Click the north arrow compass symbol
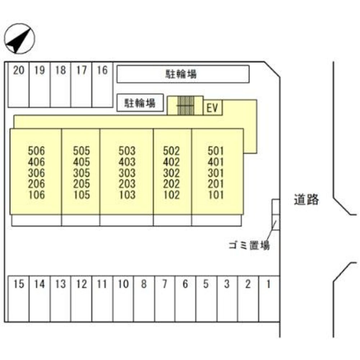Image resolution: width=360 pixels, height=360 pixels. pos(19,39)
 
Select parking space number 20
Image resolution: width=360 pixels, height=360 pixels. pos(18,85)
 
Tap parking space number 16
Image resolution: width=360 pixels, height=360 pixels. pos(102,85)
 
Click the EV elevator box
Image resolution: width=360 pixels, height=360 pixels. pos(212,108)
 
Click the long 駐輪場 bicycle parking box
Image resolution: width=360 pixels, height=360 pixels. pos(183,74)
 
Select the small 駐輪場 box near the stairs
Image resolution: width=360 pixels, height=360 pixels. pos(140,103)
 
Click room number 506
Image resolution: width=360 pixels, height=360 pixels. pos(36,150)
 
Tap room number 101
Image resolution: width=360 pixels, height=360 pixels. pos(216,195)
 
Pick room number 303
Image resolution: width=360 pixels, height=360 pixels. pos(127,173)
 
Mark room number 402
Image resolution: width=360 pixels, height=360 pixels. pos(171,162)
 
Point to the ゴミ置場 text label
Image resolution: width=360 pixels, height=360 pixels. pos(249,246)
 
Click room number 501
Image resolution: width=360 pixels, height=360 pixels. pos(216,150)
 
